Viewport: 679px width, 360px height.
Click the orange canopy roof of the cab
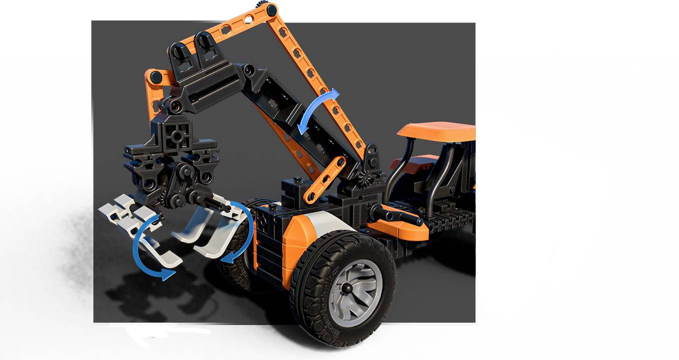pos(435,131)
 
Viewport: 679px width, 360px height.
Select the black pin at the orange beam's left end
pos(156,77)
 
